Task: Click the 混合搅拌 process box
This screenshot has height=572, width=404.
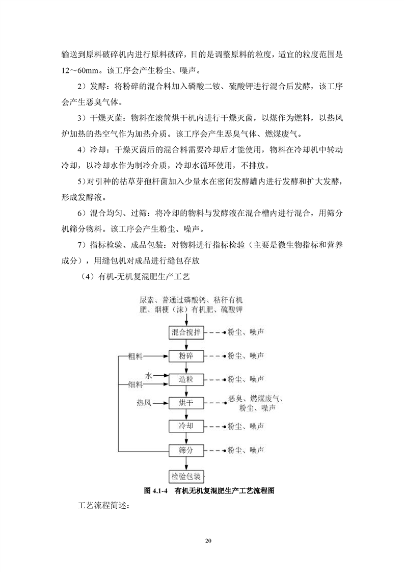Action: (186, 332)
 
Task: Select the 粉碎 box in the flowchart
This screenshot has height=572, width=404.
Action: (186, 356)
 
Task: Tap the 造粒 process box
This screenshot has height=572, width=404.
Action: (186, 379)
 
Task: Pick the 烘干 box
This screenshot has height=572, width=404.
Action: (186, 403)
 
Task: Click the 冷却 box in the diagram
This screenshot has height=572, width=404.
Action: (186, 426)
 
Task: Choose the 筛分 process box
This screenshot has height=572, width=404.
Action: (186, 450)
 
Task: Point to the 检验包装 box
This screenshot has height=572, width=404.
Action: (186, 477)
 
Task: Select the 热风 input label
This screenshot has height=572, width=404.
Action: (144, 403)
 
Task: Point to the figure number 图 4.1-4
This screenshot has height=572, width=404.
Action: (157, 491)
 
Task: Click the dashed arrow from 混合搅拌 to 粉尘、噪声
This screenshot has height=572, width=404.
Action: (215, 332)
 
